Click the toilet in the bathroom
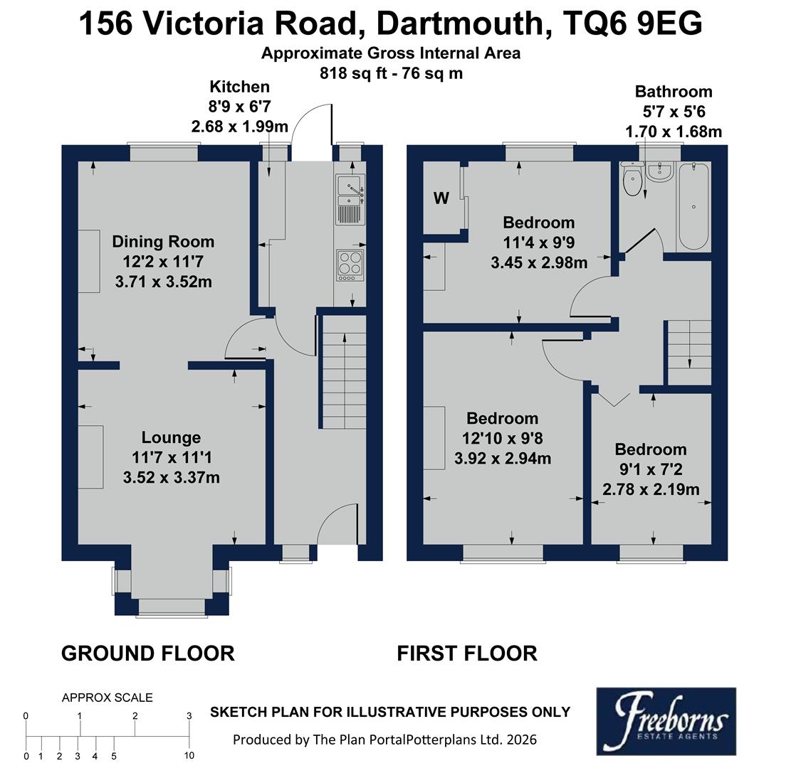(x=632, y=181)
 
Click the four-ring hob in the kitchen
(x=350, y=263)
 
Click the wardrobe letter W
(x=441, y=198)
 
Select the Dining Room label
(x=163, y=242)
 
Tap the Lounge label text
(x=171, y=437)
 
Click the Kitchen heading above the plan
(x=239, y=87)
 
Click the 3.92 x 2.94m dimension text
(x=503, y=459)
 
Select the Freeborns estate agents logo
(x=666, y=722)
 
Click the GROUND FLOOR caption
(x=147, y=653)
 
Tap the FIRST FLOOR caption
(x=467, y=653)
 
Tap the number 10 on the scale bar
(x=189, y=757)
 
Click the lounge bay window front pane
(x=171, y=606)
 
